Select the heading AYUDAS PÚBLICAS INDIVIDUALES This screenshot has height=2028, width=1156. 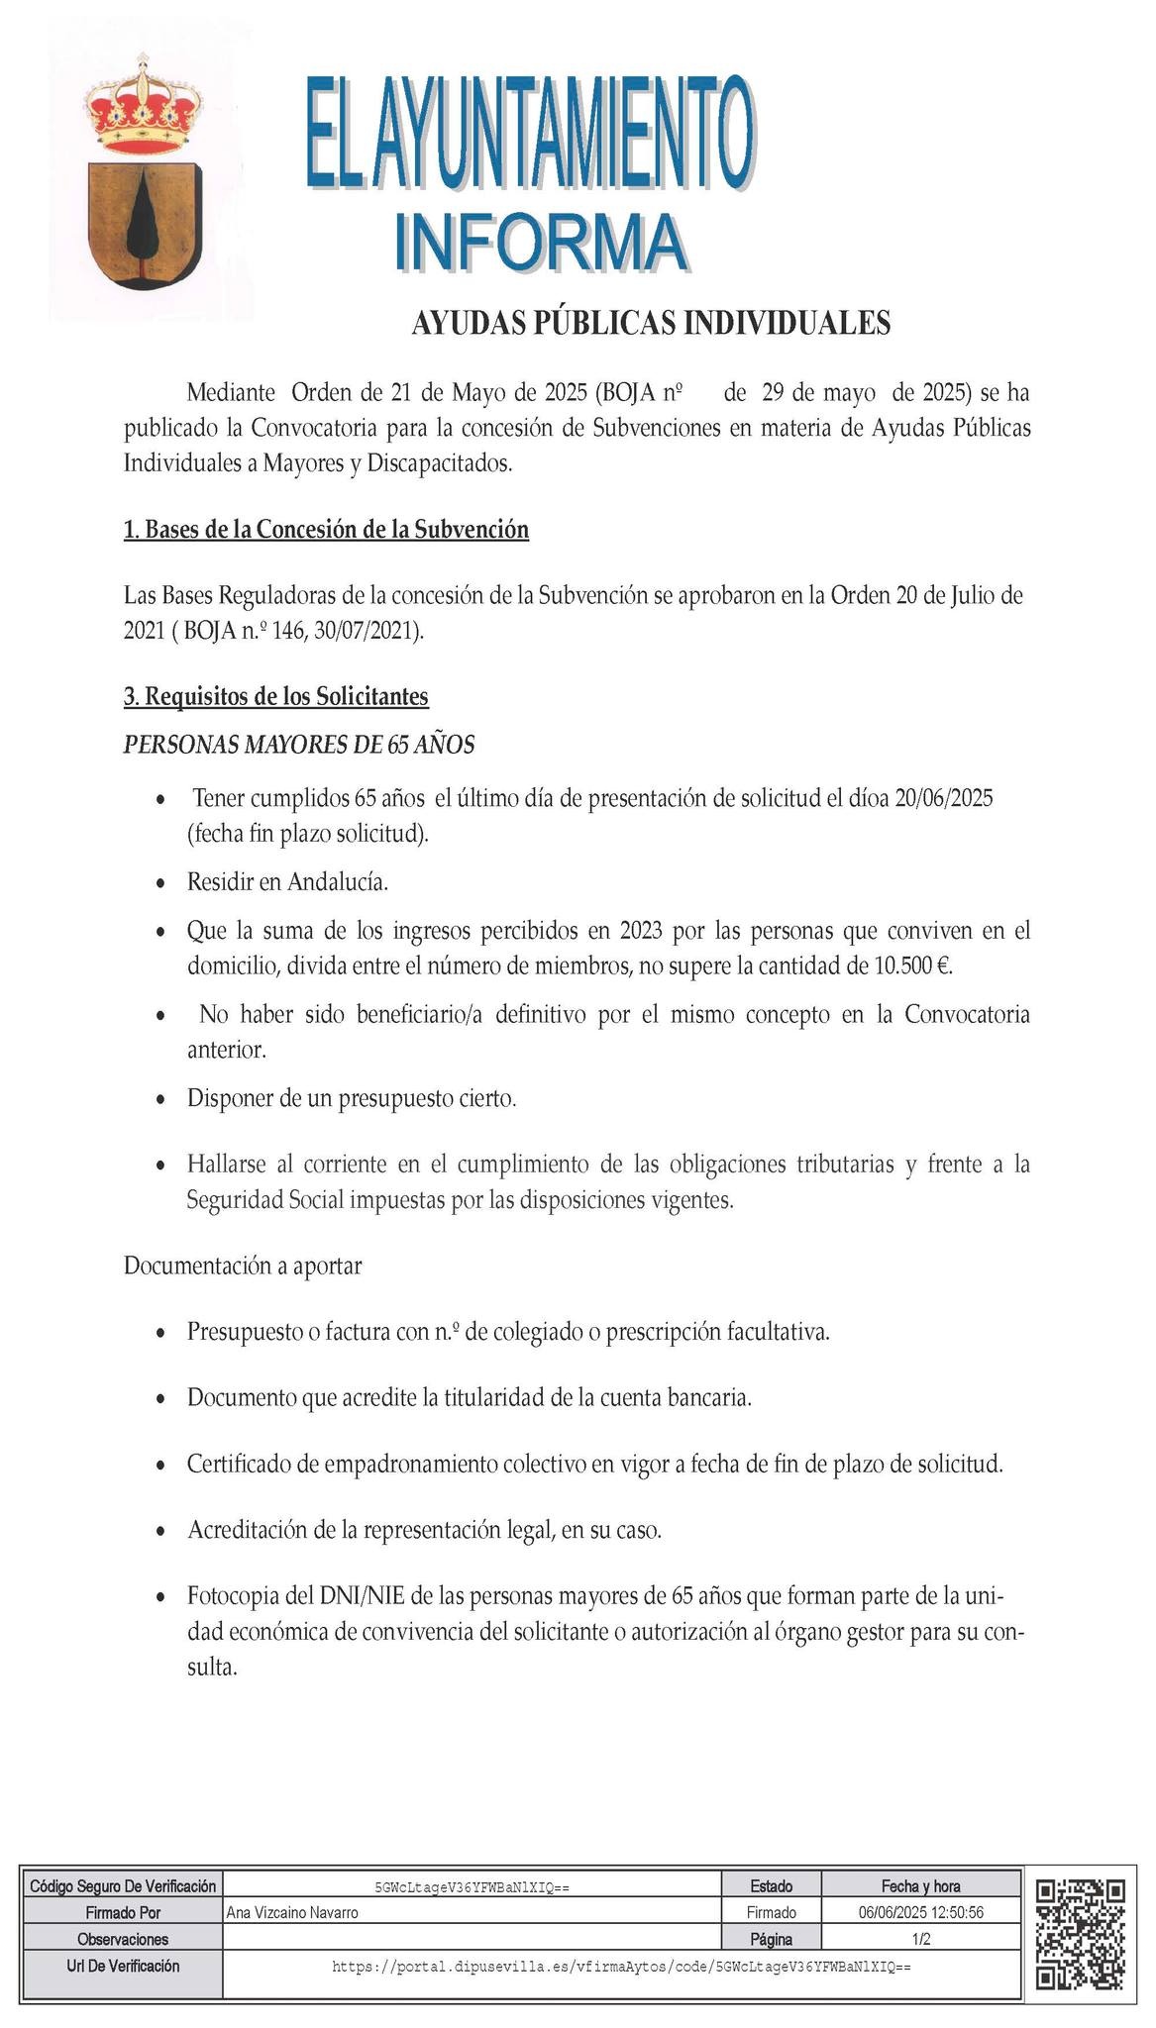pos(651,323)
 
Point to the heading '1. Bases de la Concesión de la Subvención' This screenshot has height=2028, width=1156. pos(326,529)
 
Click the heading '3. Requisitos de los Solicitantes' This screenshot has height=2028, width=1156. pos(275,696)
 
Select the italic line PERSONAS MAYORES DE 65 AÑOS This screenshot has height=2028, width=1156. pos(298,745)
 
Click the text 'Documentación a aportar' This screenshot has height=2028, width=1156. pos(242,1266)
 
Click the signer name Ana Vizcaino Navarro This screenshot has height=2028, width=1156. pos(292,1912)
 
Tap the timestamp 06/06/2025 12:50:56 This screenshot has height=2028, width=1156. pos(920,1912)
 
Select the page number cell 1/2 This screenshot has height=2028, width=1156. pos(920,1938)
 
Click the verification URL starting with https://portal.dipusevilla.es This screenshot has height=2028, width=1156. pos(621,1966)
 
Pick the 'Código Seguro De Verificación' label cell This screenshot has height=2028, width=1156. pos(122,1885)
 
